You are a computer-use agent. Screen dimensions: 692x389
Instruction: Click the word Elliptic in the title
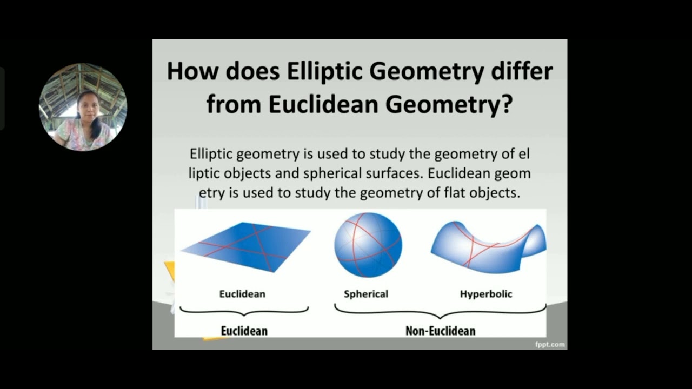(x=325, y=72)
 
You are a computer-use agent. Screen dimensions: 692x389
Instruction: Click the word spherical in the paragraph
(x=332, y=174)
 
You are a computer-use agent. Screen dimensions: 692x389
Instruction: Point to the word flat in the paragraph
(x=455, y=193)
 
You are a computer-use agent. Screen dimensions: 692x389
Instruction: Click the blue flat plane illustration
(x=245, y=247)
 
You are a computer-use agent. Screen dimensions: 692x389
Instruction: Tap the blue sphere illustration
(x=368, y=245)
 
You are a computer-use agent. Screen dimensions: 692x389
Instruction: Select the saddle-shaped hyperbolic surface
(x=488, y=247)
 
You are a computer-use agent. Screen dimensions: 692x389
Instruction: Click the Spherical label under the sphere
(x=366, y=294)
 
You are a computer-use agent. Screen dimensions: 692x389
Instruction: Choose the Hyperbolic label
(x=486, y=294)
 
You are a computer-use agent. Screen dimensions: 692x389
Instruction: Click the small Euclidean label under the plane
(x=242, y=294)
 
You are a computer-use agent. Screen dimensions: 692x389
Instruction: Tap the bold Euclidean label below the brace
(x=244, y=331)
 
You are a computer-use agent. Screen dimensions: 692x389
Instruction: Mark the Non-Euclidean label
(x=441, y=331)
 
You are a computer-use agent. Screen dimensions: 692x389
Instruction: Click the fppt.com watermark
(x=550, y=345)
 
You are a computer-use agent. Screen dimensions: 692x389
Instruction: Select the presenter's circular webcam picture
(x=83, y=107)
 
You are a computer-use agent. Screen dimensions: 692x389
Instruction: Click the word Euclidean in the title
(x=323, y=104)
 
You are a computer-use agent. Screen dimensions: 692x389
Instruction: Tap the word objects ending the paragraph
(x=495, y=193)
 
